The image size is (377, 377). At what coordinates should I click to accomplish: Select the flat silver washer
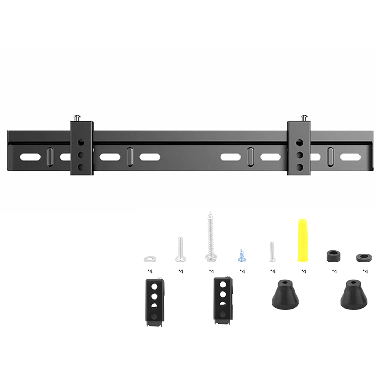150,258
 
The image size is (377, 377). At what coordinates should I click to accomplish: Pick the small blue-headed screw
242,255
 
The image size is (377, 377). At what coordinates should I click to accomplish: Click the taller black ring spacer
334,255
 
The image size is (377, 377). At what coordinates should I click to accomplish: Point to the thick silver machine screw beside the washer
180,249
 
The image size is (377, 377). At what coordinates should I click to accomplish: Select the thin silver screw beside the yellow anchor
272,252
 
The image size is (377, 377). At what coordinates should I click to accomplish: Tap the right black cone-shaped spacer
353,294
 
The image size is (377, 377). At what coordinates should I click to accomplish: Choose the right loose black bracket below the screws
222,300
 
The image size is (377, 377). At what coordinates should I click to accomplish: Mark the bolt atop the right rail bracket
304,117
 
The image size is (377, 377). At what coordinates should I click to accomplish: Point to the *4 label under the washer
150,271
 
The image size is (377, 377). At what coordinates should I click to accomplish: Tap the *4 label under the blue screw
242,271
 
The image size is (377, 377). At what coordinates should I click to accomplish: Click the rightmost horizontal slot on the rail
352,156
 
